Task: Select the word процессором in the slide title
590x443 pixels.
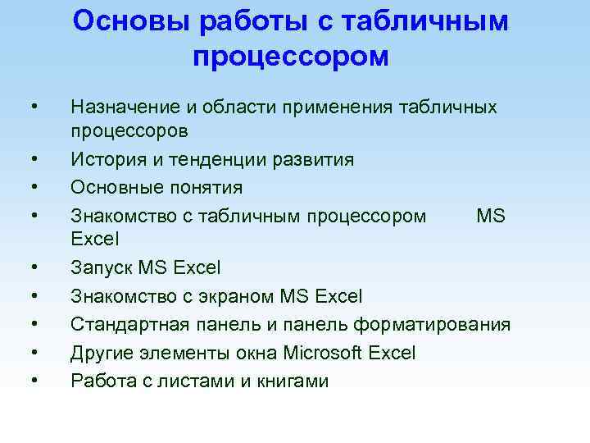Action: (291, 57)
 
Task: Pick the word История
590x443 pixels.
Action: (107, 159)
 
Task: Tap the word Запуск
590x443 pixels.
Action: (102, 267)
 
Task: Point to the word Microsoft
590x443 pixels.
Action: (324, 353)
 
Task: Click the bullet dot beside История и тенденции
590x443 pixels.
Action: (34, 159)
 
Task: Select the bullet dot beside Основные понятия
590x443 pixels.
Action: (34, 187)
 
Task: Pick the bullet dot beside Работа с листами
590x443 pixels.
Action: (34, 381)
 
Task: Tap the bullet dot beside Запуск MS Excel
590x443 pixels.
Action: (34, 267)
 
